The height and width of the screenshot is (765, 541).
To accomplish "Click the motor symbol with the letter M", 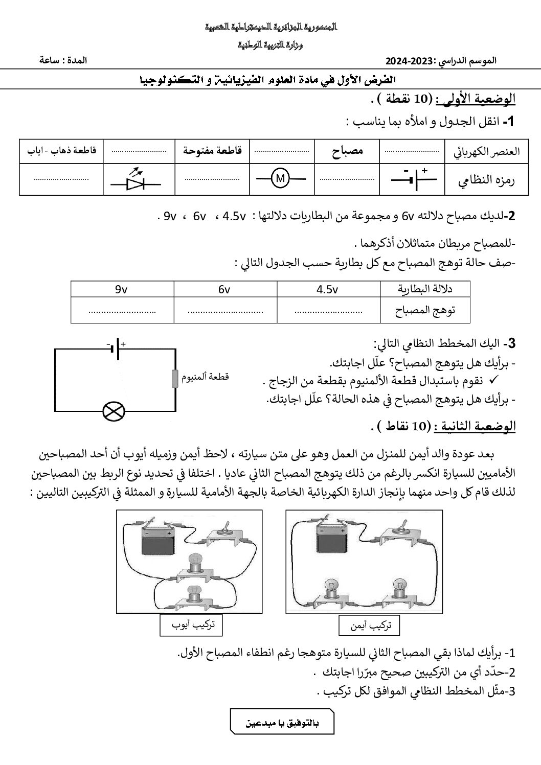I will coord(280,178).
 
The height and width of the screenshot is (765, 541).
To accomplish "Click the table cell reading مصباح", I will coord(347,151).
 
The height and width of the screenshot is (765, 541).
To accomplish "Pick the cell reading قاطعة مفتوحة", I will coord(212,151).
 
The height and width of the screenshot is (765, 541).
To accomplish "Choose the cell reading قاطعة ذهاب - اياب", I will coord(61,151).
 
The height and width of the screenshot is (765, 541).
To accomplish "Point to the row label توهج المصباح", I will coord(425,310).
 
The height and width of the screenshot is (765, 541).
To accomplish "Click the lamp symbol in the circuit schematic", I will coord(114,411).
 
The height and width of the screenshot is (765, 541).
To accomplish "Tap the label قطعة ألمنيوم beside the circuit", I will coord(206,377).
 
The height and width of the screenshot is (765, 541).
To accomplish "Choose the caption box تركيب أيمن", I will coord(369,625).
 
